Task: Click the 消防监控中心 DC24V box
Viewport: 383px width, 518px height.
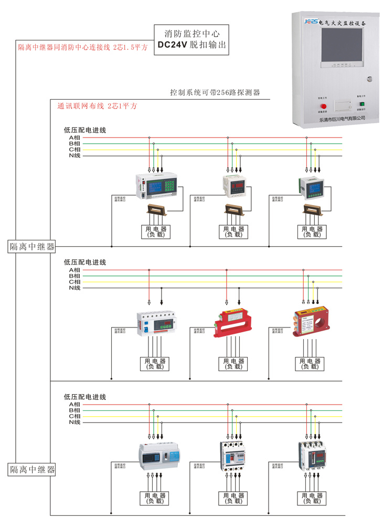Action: click(192, 39)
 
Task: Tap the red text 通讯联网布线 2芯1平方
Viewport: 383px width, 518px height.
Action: click(97, 106)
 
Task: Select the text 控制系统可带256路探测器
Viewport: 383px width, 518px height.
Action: click(215, 92)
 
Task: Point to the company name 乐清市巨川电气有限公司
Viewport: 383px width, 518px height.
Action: click(342, 119)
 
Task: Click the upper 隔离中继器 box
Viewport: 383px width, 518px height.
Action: click(32, 247)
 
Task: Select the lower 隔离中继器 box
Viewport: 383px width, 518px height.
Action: click(32, 469)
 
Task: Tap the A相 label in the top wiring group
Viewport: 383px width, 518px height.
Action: click(74, 138)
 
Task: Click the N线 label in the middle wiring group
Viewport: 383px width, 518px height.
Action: click(74, 288)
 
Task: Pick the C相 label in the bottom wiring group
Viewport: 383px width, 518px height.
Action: click(74, 416)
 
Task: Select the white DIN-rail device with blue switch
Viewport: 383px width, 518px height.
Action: click(155, 323)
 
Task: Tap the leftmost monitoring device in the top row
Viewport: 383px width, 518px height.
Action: click(157, 187)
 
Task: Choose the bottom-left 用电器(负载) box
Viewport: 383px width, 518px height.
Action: click(155, 498)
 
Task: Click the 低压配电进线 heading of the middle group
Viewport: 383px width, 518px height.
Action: click(85, 262)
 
